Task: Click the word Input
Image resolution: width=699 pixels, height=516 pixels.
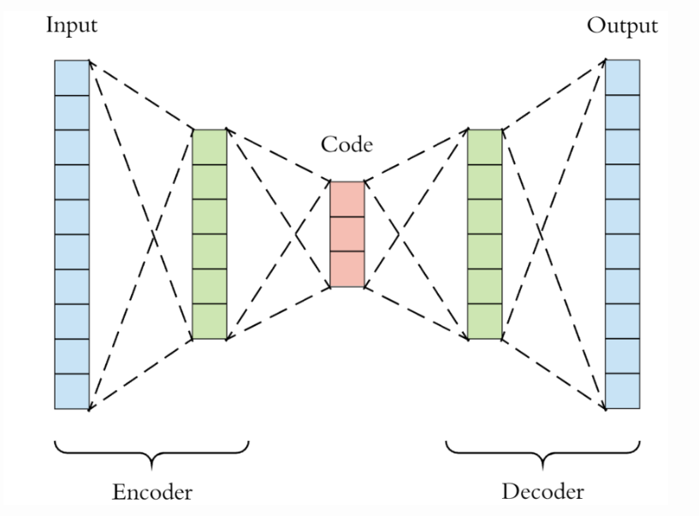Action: [x=73, y=26]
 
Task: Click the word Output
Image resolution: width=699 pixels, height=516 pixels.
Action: [x=622, y=26]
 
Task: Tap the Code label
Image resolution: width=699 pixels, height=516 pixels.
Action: [x=347, y=145]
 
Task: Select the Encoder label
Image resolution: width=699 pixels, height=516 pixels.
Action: [x=152, y=492]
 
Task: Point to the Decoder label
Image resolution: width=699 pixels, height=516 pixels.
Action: [x=542, y=492]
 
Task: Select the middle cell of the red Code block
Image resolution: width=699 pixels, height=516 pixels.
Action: [x=347, y=234]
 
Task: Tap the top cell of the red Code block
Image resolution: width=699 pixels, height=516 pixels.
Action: [x=347, y=199]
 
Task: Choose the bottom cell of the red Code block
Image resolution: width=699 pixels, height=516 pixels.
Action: [x=347, y=270]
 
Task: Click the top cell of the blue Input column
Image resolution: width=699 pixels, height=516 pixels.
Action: [x=72, y=77]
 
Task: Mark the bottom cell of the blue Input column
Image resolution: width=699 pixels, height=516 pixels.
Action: [x=72, y=392]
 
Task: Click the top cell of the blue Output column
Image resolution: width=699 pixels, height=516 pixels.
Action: [x=622, y=77]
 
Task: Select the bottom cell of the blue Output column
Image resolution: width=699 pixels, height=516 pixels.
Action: [x=622, y=392]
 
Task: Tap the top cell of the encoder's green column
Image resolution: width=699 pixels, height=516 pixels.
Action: [x=210, y=146]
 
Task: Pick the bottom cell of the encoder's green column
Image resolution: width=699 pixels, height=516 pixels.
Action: [x=210, y=322]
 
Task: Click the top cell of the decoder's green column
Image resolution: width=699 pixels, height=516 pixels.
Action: [x=485, y=146]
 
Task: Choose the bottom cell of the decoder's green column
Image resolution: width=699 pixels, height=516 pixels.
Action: [x=485, y=322]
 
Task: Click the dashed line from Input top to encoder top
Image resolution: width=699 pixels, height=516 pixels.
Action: [x=141, y=94]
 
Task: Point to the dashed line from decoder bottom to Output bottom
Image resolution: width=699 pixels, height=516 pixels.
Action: [x=554, y=374]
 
